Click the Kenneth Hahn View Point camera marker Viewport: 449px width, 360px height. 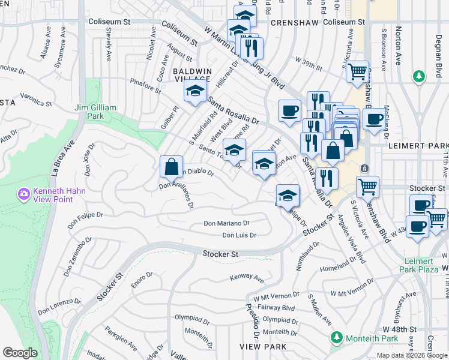click(23, 193)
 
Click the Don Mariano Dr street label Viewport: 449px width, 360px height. click(226, 223)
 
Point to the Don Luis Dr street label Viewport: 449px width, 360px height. click(239, 235)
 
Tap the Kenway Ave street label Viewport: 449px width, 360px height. click(247, 278)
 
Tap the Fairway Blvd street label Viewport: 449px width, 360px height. click(274, 308)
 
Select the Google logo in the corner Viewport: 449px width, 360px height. click(20, 353)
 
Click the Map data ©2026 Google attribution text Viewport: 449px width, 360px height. click(412, 355)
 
